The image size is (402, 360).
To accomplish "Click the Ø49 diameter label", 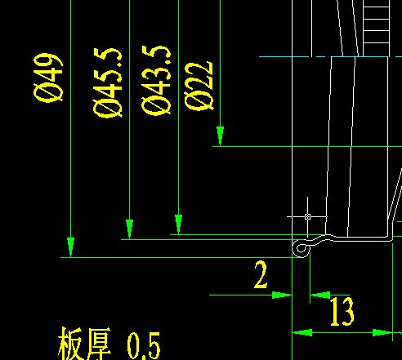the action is [x=48, y=78].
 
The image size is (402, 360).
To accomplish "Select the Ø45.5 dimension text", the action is [x=107, y=82].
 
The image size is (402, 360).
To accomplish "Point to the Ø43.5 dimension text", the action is [x=156, y=80].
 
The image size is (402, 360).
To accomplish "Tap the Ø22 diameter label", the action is [x=199, y=86].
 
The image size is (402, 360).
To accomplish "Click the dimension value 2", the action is [x=261, y=274].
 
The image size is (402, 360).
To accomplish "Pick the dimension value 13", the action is [x=342, y=311].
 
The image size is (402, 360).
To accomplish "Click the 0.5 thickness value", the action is [x=144, y=345].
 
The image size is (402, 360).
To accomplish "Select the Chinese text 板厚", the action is [x=85, y=344].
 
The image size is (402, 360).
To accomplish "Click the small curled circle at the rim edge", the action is [x=301, y=248].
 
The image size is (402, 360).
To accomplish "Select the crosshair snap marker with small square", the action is [x=307, y=216].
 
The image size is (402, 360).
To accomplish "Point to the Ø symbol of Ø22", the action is [x=199, y=101].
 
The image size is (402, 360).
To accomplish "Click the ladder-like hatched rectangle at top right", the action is [x=376, y=29].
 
